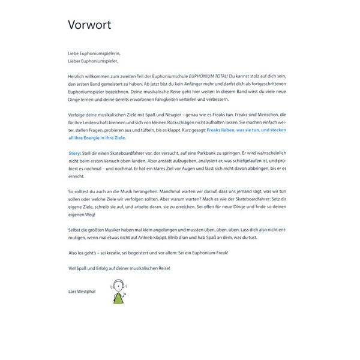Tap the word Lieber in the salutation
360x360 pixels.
pos(75,61)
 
